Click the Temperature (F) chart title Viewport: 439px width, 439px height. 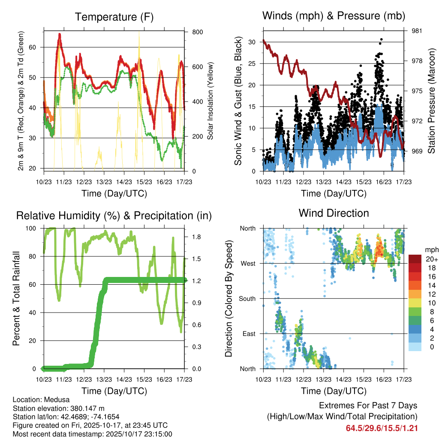coord(114,17)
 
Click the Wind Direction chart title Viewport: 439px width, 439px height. coord(334,213)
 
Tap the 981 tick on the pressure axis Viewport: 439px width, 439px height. coord(417,31)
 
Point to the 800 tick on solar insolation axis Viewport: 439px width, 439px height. coord(197,32)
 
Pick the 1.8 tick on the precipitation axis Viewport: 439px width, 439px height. coord(196,237)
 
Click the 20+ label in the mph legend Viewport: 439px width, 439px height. coord(431,259)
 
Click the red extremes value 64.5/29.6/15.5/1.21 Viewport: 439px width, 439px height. coord(382,428)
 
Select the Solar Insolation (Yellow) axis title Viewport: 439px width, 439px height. coord(210,101)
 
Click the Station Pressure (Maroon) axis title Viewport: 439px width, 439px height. coord(431,101)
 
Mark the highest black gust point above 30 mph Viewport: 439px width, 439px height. coord(381,39)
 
